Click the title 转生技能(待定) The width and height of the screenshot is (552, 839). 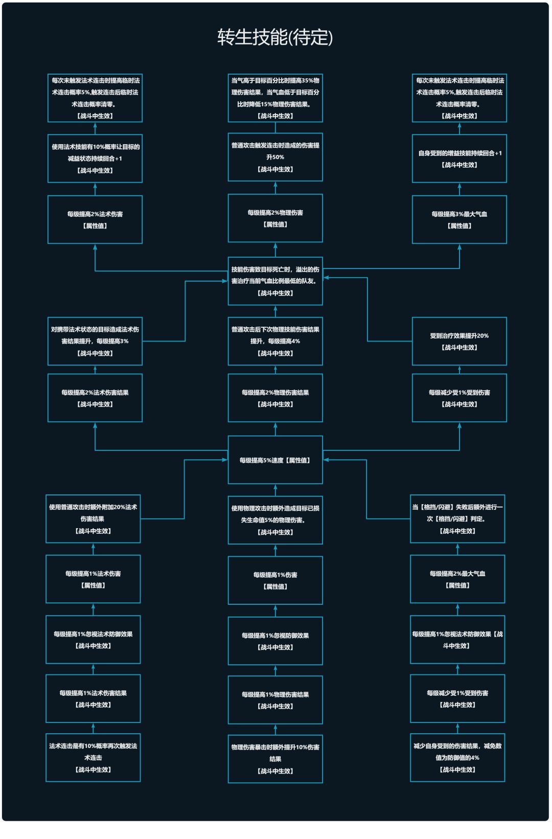(x=275, y=37)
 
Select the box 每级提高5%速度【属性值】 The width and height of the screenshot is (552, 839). (x=275, y=460)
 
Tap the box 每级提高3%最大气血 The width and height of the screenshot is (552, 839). (x=459, y=219)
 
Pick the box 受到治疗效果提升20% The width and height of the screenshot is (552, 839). (x=459, y=341)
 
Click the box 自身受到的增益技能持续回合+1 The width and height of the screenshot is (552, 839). (x=459, y=158)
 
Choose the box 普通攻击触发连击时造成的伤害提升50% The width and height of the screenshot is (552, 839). (x=275, y=157)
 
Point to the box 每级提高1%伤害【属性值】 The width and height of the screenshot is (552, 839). (x=275, y=580)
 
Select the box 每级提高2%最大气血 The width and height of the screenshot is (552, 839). (x=457, y=579)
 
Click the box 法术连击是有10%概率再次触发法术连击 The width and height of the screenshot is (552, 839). (x=93, y=757)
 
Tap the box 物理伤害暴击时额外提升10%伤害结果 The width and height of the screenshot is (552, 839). (x=275, y=759)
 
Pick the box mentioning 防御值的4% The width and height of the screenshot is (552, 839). (x=457, y=757)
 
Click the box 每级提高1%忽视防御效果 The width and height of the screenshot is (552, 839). (x=275, y=641)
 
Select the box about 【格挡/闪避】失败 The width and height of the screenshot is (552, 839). (x=457, y=519)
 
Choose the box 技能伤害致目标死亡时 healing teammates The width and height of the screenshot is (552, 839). (x=275, y=281)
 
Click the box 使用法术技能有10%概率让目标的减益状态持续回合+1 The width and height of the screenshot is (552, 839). (x=95, y=158)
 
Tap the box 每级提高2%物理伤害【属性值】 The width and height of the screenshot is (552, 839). (x=275, y=218)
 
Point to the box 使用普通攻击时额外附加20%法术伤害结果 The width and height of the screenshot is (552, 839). (x=93, y=519)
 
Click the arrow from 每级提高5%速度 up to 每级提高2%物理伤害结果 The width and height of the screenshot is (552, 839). (x=275, y=429)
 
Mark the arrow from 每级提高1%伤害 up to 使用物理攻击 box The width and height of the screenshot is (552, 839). (x=275, y=550)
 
